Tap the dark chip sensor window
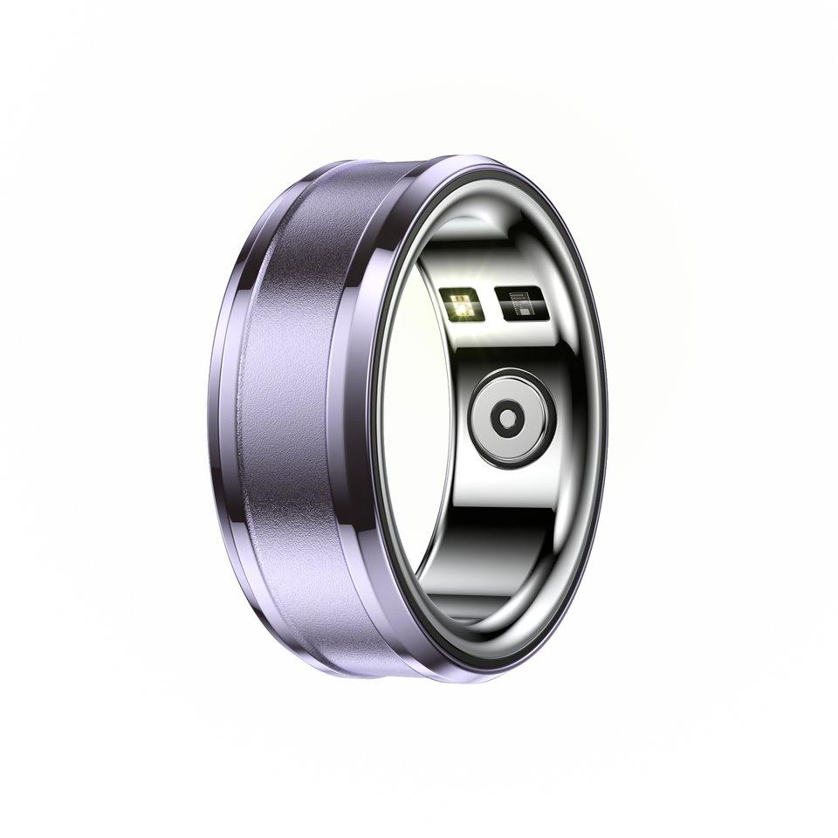point(522,303)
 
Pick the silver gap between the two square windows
point(488,305)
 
